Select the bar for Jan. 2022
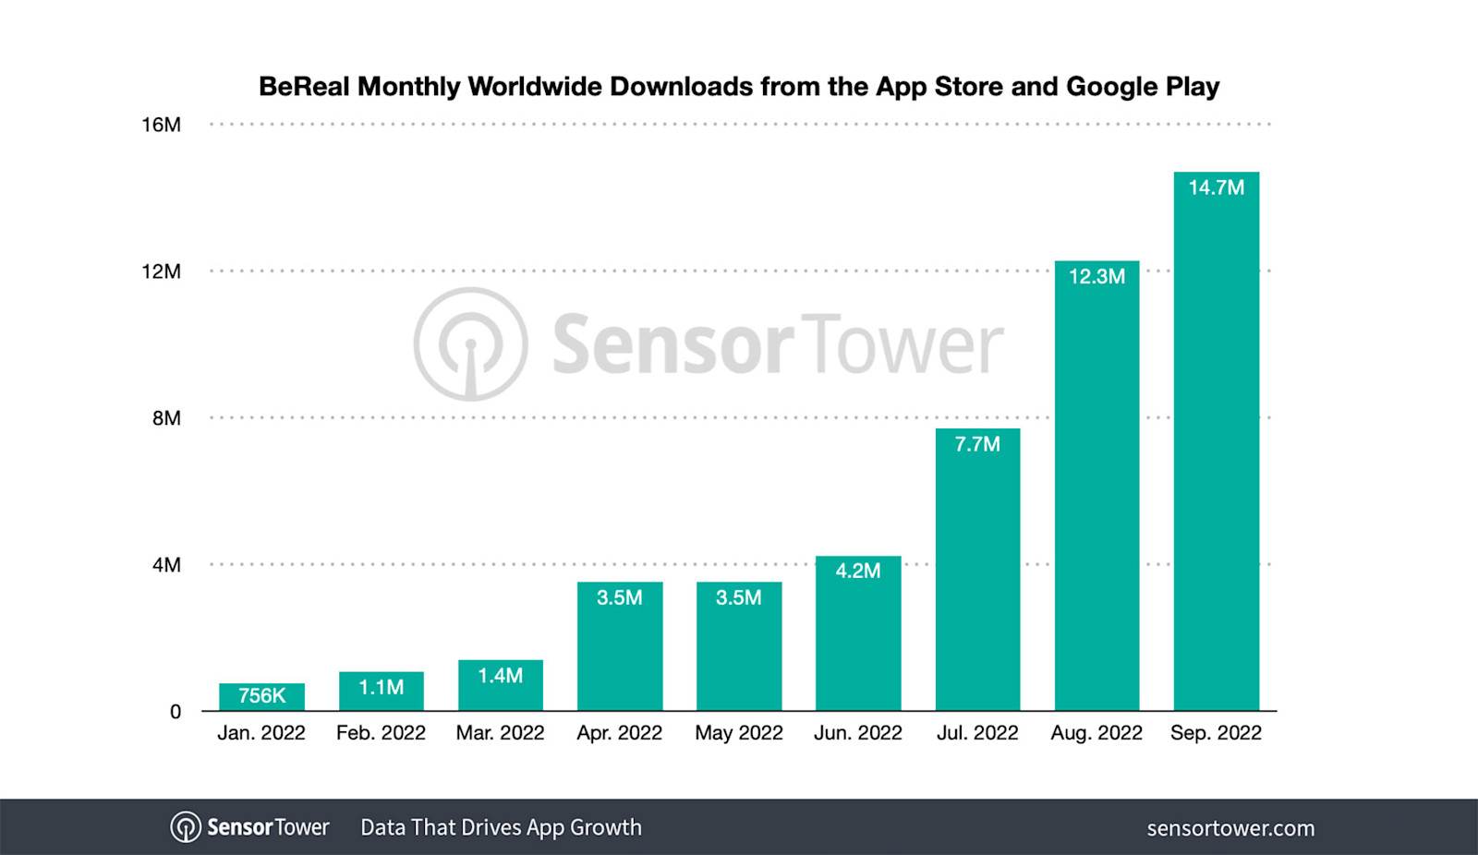(x=261, y=697)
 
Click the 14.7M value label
(x=1216, y=187)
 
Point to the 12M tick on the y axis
(x=161, y=271)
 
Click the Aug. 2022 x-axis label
(x=1096, y=733)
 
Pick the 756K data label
(x=261, y=695)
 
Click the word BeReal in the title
(x=304, y=87)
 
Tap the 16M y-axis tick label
(x=161, y=125)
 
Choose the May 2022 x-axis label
(x=738, y=733)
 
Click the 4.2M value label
(x=857, y=571)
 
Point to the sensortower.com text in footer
(x=1230, y=828)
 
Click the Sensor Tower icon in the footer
(x=185, y=827)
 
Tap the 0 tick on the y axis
(x=175, y=712)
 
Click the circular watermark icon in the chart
(x=470, y=343)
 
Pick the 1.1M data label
(x=381, y=687)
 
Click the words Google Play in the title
(x=1143, y=87)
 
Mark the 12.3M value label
(x=1096, y=276)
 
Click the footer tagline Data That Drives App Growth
(x=501, y=827)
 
